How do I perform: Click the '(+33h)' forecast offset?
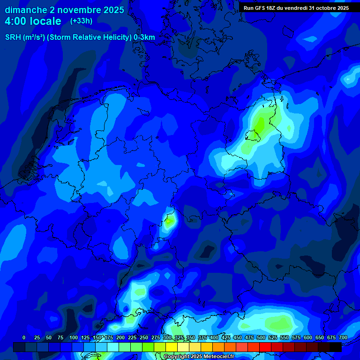(x=82, y=21)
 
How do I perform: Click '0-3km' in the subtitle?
(x=144, y=37)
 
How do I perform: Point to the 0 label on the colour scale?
(x=24, y=337)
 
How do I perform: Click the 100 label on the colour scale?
(x=74, y=337)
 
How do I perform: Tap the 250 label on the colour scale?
(x=144, y=337)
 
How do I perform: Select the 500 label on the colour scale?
(x=261, y=337)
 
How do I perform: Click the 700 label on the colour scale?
(x=343, y=337)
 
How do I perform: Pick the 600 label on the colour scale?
(x=308, y=337)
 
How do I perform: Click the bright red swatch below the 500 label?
(x=265, y=347)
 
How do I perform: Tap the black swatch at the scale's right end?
(x=336, y=347)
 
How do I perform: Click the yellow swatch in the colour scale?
(x=172, y=347)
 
